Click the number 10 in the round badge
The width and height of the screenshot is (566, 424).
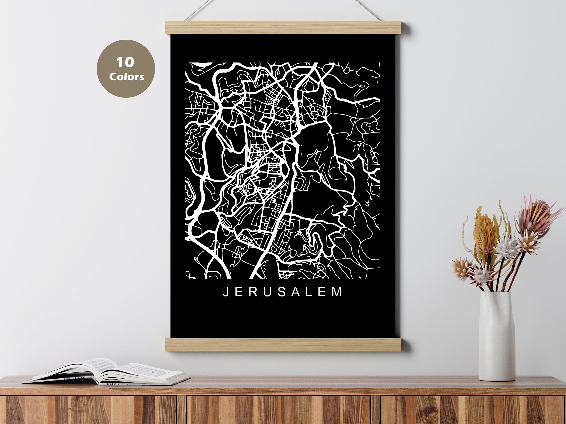click(x=125, y=62)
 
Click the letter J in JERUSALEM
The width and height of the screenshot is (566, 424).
click(x=225, y=292)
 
